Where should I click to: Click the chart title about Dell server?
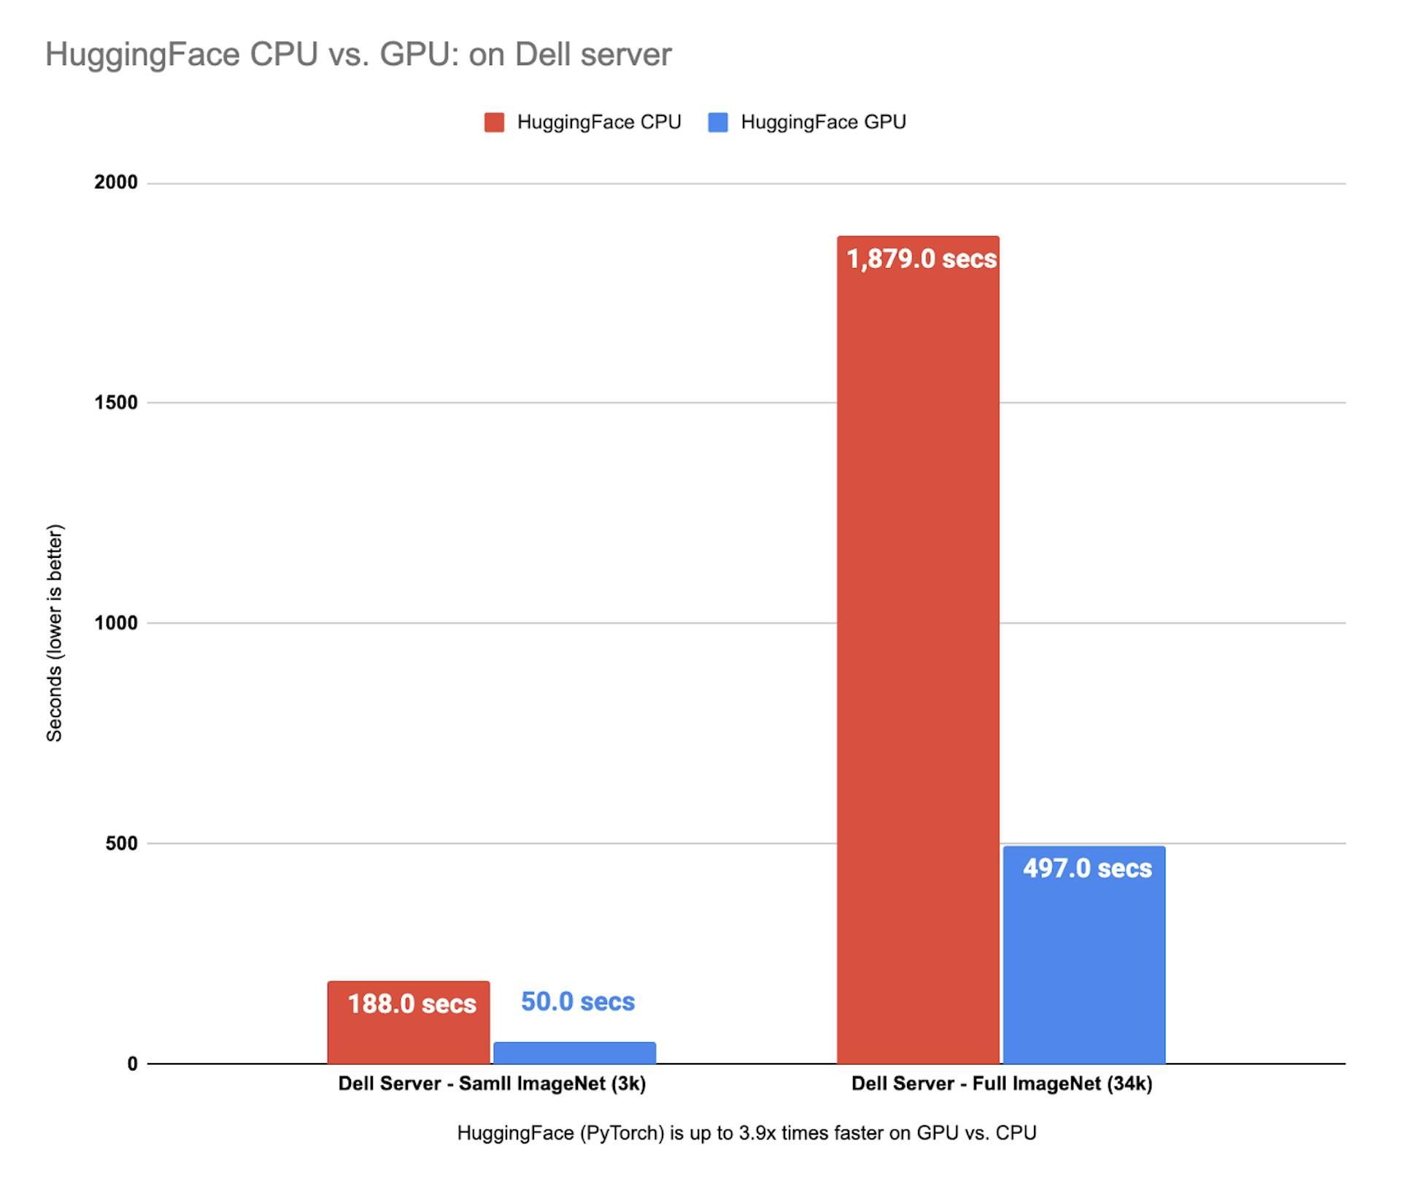pos(358,55)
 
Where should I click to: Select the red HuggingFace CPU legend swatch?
pos(494,122)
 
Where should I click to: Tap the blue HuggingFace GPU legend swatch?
pos(718,122)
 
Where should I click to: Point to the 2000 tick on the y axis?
pos(116,182)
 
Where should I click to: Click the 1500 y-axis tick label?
pos(116,402)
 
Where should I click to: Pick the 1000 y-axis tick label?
pos(116,623)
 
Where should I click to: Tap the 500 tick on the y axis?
pos(122,843)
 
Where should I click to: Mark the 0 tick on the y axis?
pos(132,1064)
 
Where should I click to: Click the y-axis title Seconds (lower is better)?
pos(55,633)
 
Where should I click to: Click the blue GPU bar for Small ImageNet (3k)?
pos(574,1053)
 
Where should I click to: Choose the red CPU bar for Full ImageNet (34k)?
pos(917,657)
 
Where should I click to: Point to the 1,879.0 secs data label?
pos(922,259)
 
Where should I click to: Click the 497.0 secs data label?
pos(1087,868)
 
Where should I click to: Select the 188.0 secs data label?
pos(412,1004)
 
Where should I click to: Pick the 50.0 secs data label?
pos(578,1002)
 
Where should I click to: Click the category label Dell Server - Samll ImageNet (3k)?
pos(492,1084)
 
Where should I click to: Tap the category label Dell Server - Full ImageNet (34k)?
pos(1002,1084)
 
